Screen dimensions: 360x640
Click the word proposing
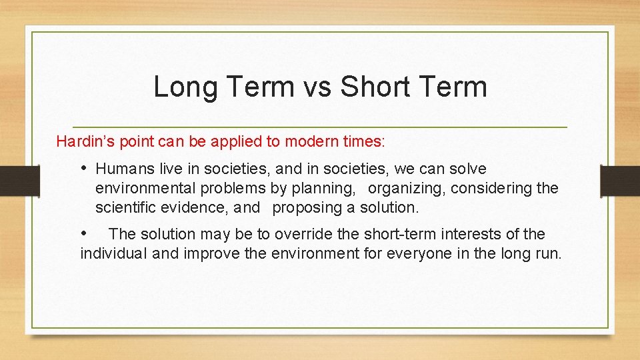click(305, 207)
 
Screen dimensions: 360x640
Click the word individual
click(114, 253)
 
